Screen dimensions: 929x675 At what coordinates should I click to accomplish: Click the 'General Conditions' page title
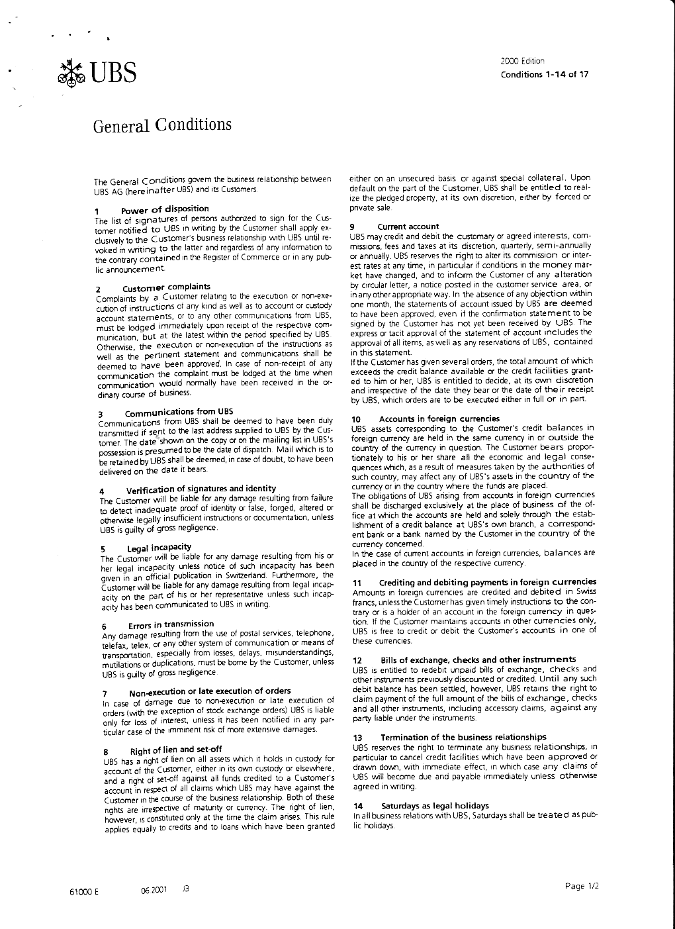click(162, 125)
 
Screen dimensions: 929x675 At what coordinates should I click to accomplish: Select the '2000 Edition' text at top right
click(523, 61)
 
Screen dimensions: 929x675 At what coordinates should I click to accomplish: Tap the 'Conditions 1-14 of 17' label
click(544, 73)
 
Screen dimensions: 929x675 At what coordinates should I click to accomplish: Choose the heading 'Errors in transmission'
click(171, 624)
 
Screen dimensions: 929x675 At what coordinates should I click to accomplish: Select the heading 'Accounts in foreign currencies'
click(439, 419)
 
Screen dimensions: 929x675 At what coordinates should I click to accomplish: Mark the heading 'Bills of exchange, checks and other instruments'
click(478, 660)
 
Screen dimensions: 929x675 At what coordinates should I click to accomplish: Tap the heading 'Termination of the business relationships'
click(463, 737)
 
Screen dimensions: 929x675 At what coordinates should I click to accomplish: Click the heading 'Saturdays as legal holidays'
click(435, 805)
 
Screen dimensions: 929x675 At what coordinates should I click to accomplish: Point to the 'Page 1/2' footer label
click(582, 886)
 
